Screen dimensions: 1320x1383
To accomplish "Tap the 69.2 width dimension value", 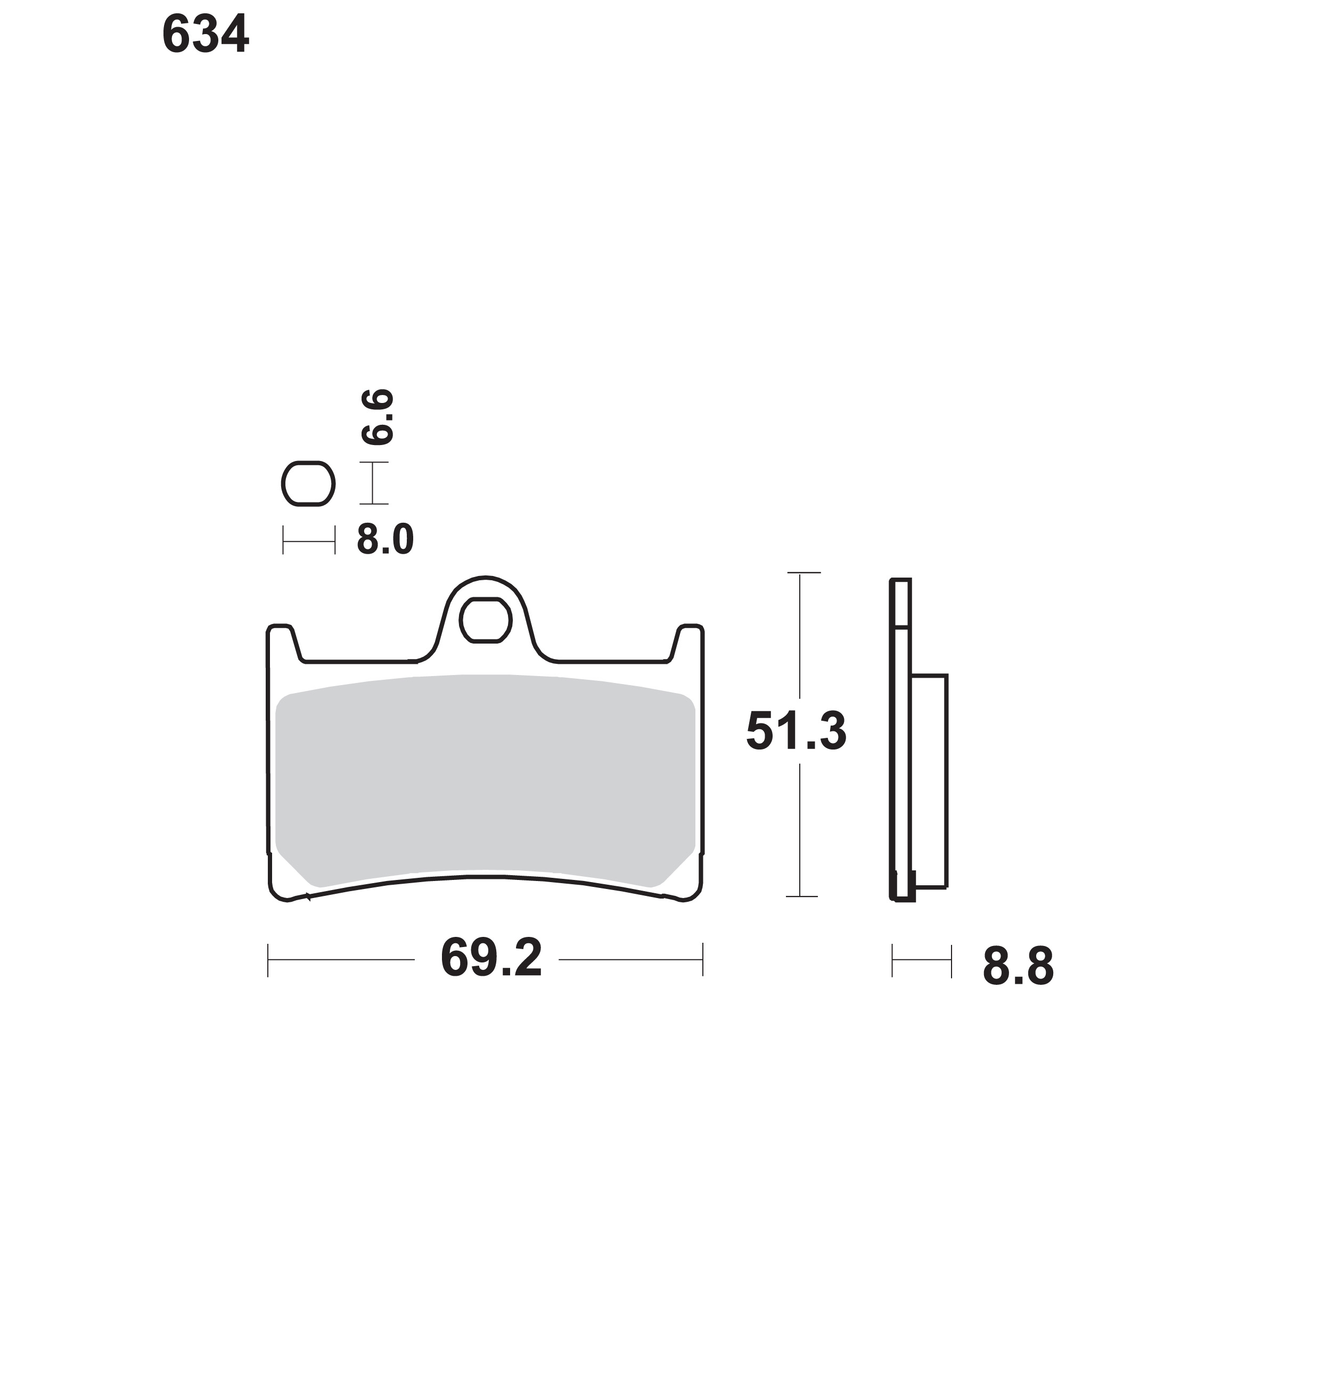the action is pyautogui.click(x=491, y=958).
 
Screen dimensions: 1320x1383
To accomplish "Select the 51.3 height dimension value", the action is pyautogui.click(x=796, y=731).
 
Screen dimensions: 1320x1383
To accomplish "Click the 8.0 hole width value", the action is pyautogui.click(x=385, y=540).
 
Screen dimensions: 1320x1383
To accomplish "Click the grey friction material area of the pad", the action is pyautogui.click(x=486, y=781).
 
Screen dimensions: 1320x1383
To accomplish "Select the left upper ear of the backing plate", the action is pyautogui.click(x=282, y=641).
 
